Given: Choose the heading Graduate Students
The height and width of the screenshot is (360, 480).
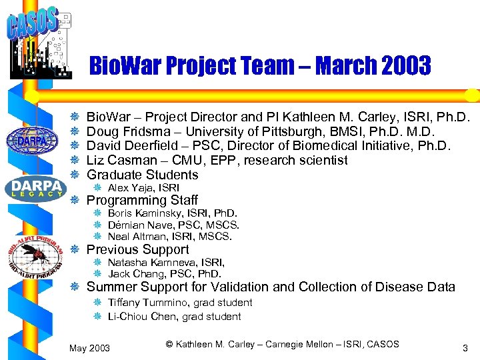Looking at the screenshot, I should tap(143, 175).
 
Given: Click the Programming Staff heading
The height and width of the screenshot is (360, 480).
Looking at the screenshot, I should tap(142, 200).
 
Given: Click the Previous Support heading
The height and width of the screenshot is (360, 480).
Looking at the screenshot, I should tap(138, 249).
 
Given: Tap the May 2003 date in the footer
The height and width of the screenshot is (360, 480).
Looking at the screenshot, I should tap(90, 348).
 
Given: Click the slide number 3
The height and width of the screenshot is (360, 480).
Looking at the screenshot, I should tap(465, 347).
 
